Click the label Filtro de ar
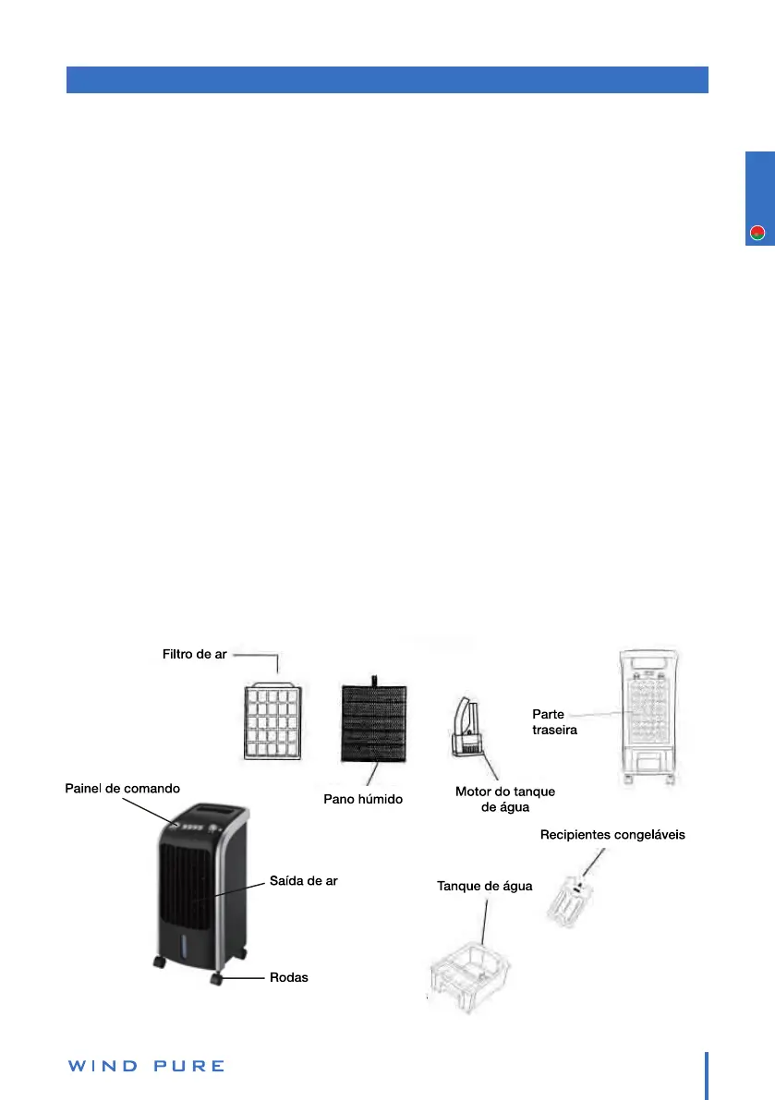click(x=188, y=655)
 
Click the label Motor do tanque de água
click(x=505, y=799)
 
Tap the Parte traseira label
click(x=555, y=721)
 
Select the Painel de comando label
click(x=122, y=788)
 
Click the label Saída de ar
click(x=304, y=880)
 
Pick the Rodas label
click(x=289, y=977)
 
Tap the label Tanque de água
click(x=484, y=886)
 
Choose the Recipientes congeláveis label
click(x=612, y=835)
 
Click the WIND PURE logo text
click(x=146, y=1066)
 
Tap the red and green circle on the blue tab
click(x=757, y=233)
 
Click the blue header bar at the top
click(x=387, y=79)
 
